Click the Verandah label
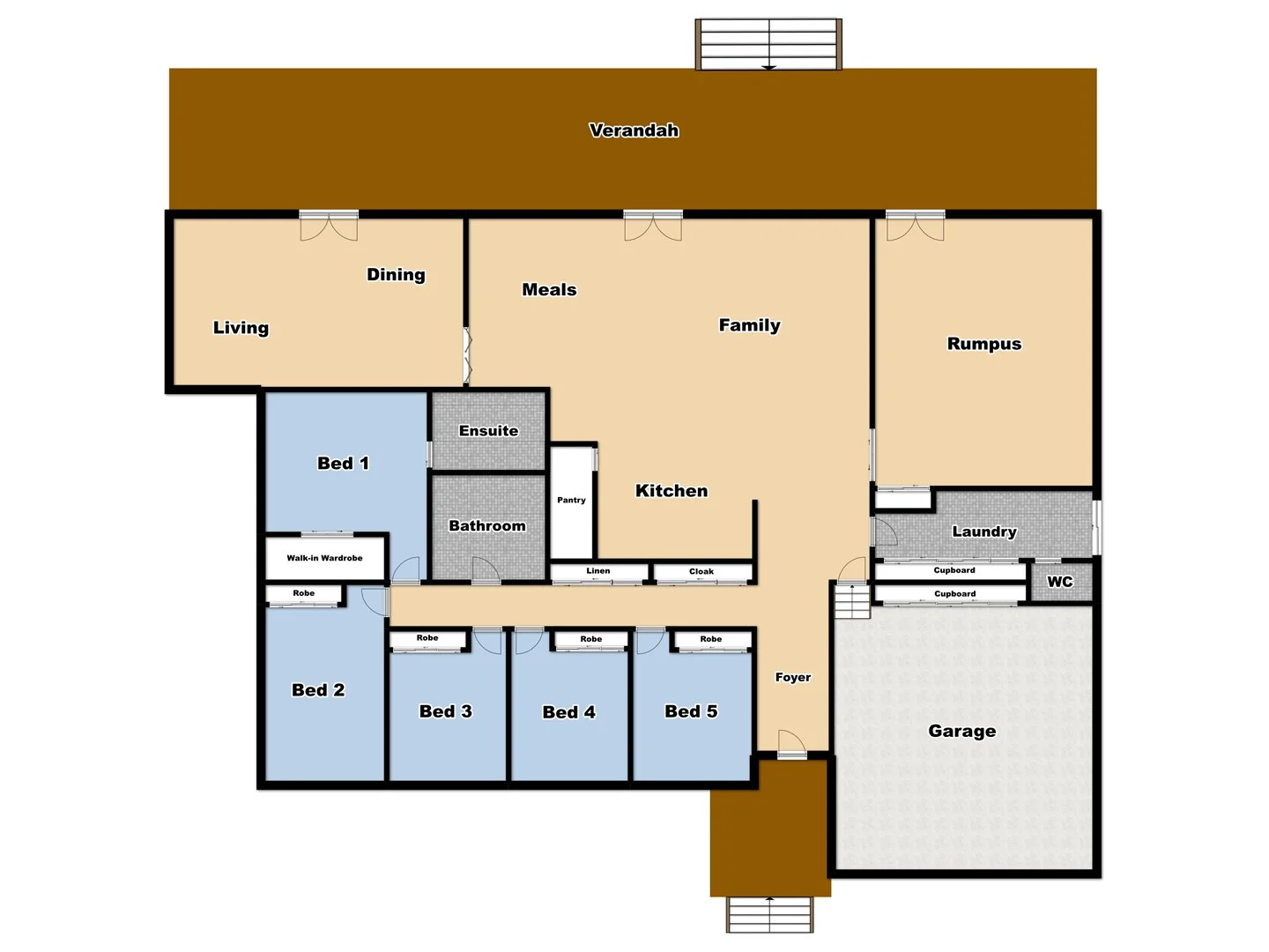[x=634, y=130]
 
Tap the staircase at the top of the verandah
[x=768, y=44]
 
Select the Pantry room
[x=571, y=502]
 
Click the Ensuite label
[x=488, y=431]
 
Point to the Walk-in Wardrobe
[x=324, y=558]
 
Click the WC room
[x=1060, y=582]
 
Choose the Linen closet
[x=598, y=572]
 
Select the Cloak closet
[x=701, y=572]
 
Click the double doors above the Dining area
[x=329, y=226]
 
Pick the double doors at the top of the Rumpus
[x=915, y=226]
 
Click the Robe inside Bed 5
[x=710, y=640]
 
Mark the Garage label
[x=961, y=731]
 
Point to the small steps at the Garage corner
[x=852, y=601]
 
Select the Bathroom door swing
[x=486, y=571]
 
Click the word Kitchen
[x=672, y=491]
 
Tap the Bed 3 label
[x=445, y=711]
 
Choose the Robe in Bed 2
[x=304, y=595]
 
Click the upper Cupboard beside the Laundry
[x=954, y=571]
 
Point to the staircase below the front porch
[x=769, y=915]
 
